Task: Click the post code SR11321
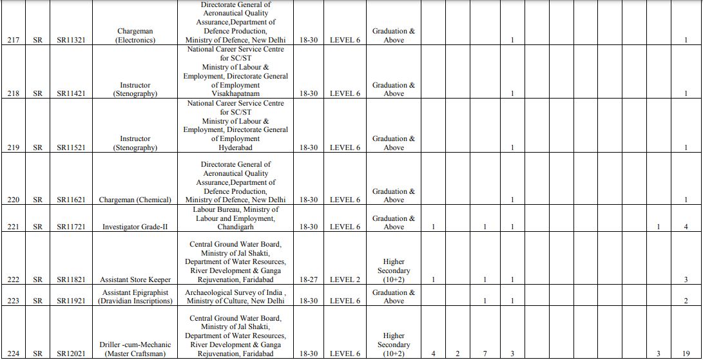point(71,40)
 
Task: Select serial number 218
point(13,93)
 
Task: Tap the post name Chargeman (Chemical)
point(135,200)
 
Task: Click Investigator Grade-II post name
point(135,227)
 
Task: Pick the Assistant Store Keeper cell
point(135,279)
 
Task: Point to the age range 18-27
point(309,279)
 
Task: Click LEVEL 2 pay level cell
point(345,279)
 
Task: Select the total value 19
point(686,354)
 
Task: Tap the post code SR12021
point(71,354)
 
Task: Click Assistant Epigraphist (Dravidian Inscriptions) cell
point(135,296)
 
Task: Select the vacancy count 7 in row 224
point(485,354)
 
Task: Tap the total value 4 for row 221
point(686,227)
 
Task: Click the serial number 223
point(13,301)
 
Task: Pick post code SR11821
point(71,279)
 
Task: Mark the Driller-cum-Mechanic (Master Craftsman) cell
point(135,349)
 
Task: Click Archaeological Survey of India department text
point(235,292)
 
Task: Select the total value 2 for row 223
point(686,301)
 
